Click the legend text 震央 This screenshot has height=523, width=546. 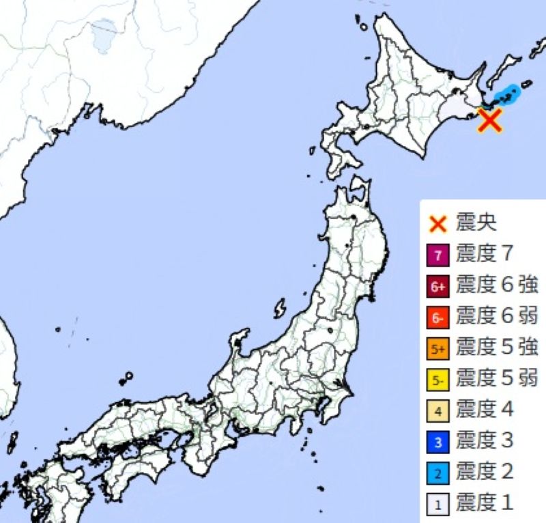coord(476,223)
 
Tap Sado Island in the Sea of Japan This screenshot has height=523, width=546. coord(279,309)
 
